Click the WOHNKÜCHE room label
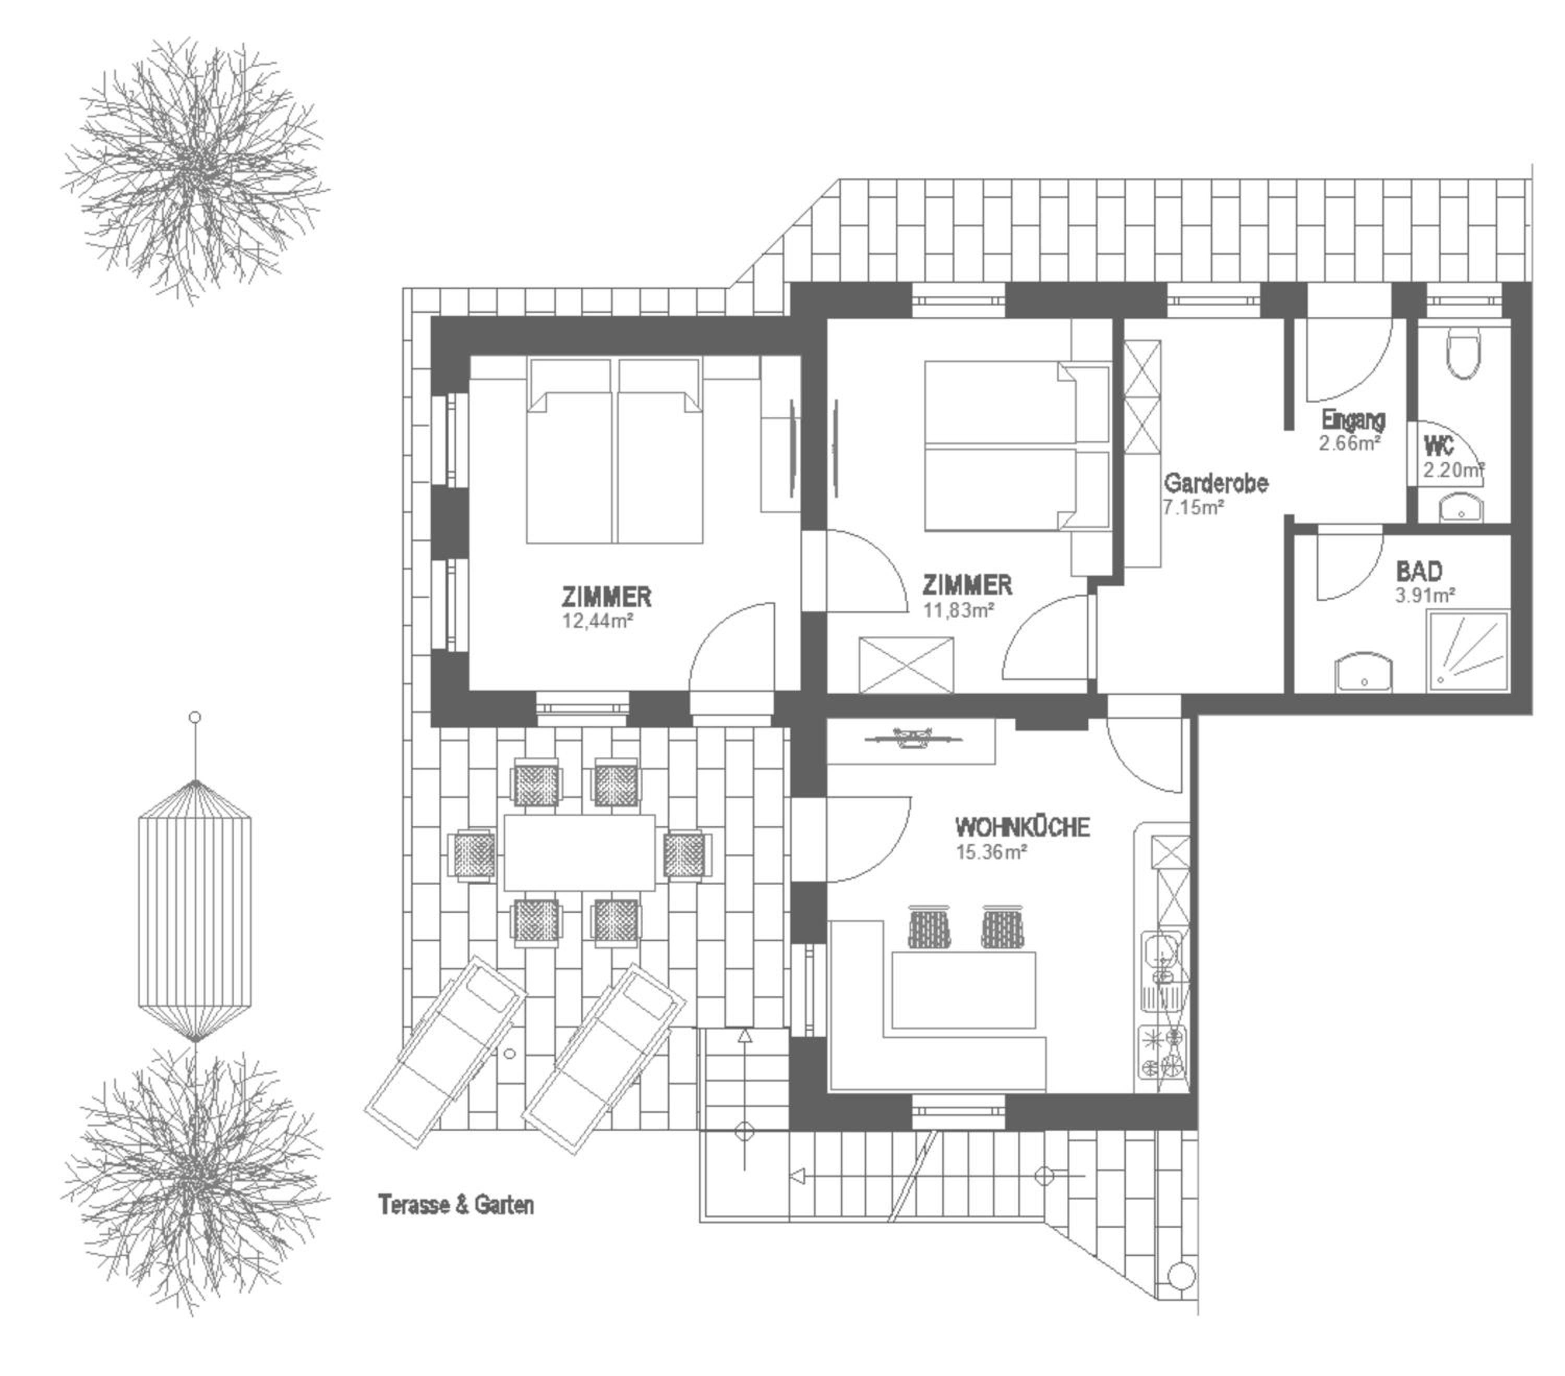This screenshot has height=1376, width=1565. pyautogui.click(x=1022, y=828)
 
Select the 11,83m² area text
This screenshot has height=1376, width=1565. pyautogui.click(x=959, y=610)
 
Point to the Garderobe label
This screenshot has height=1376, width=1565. pyautogui.click(x=1215, y=483)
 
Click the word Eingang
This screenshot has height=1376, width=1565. pyautogui.click(x=1353, y=419)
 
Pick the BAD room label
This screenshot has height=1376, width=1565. pyautogui.click(x=1419, y=571)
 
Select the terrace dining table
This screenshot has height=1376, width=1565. pyautogui.click(x=579, y=852)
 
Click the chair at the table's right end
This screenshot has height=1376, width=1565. pyautogui.click(x=686, y=854)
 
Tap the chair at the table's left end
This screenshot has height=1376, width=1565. pyautogui.click(x=473, y=854)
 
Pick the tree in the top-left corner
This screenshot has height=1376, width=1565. pyautogui.click(x=195, y=170)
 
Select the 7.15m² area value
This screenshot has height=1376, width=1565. pyautogui.click(x=1194, y=507)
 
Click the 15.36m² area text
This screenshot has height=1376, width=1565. pyautogui.click(x=991, y=851)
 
